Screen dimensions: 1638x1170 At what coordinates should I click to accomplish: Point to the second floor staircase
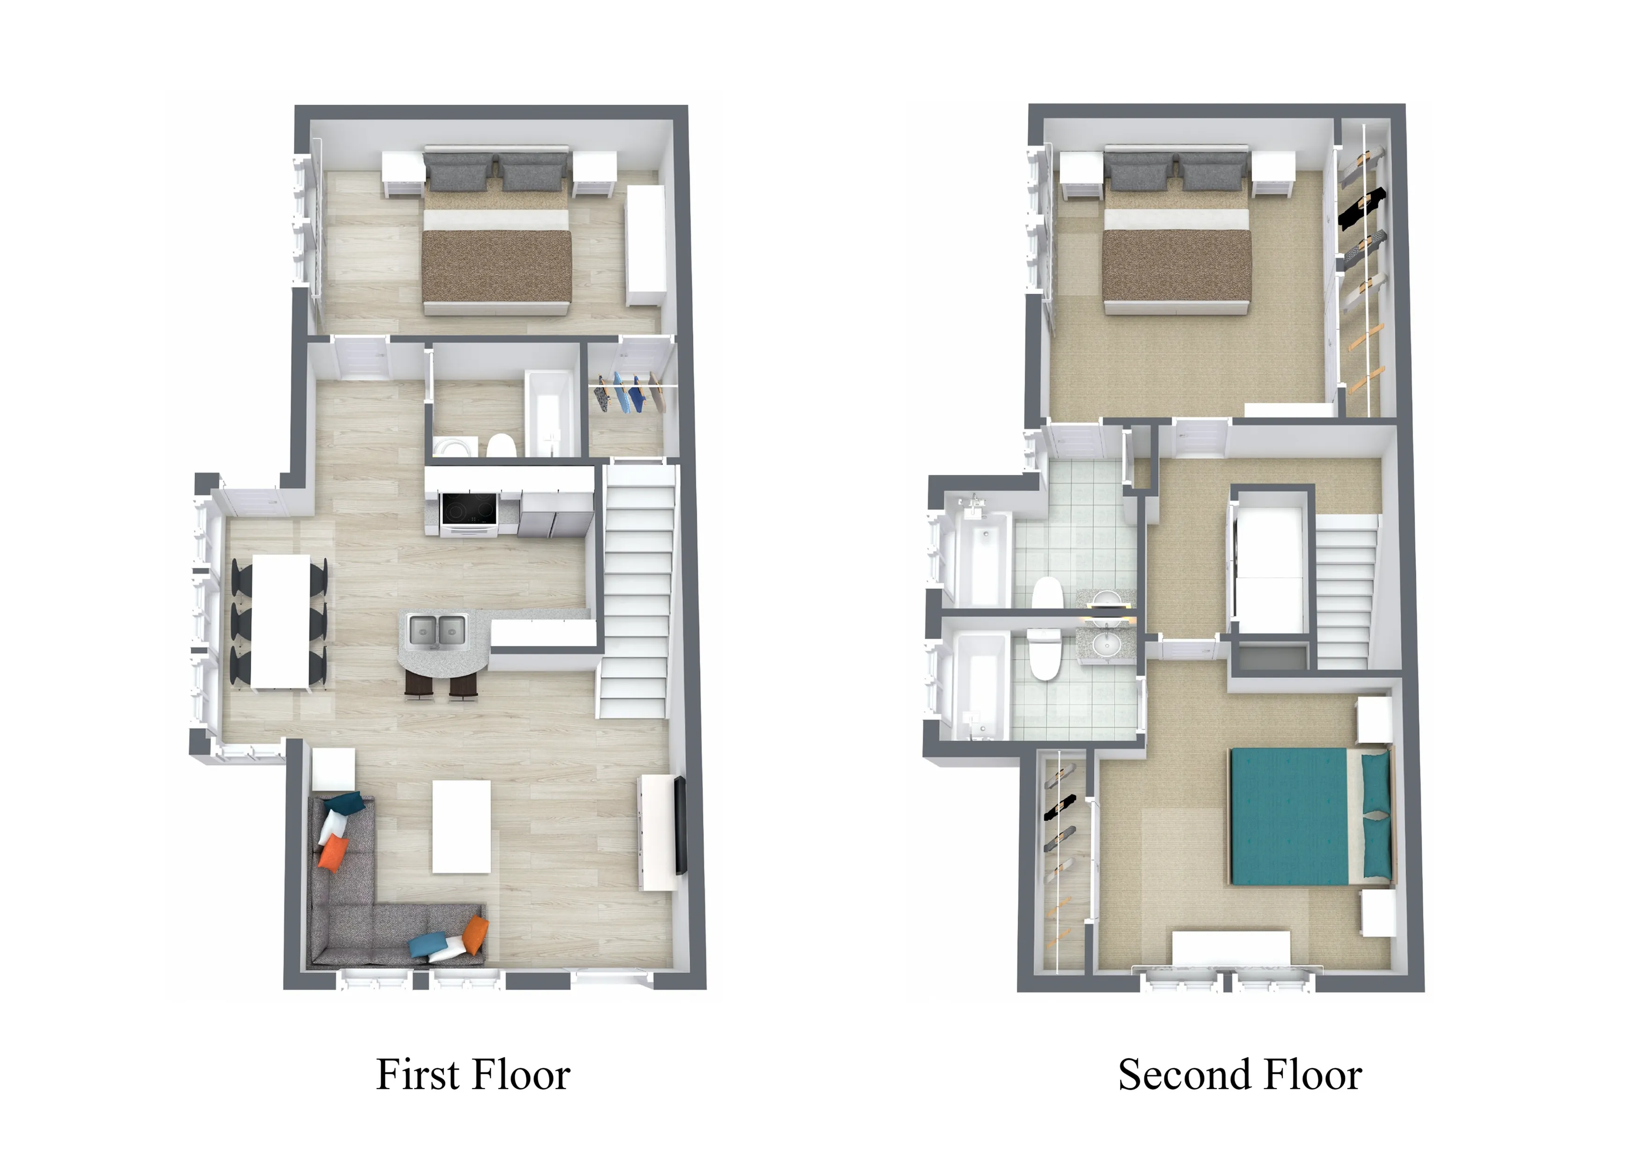1344,591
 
